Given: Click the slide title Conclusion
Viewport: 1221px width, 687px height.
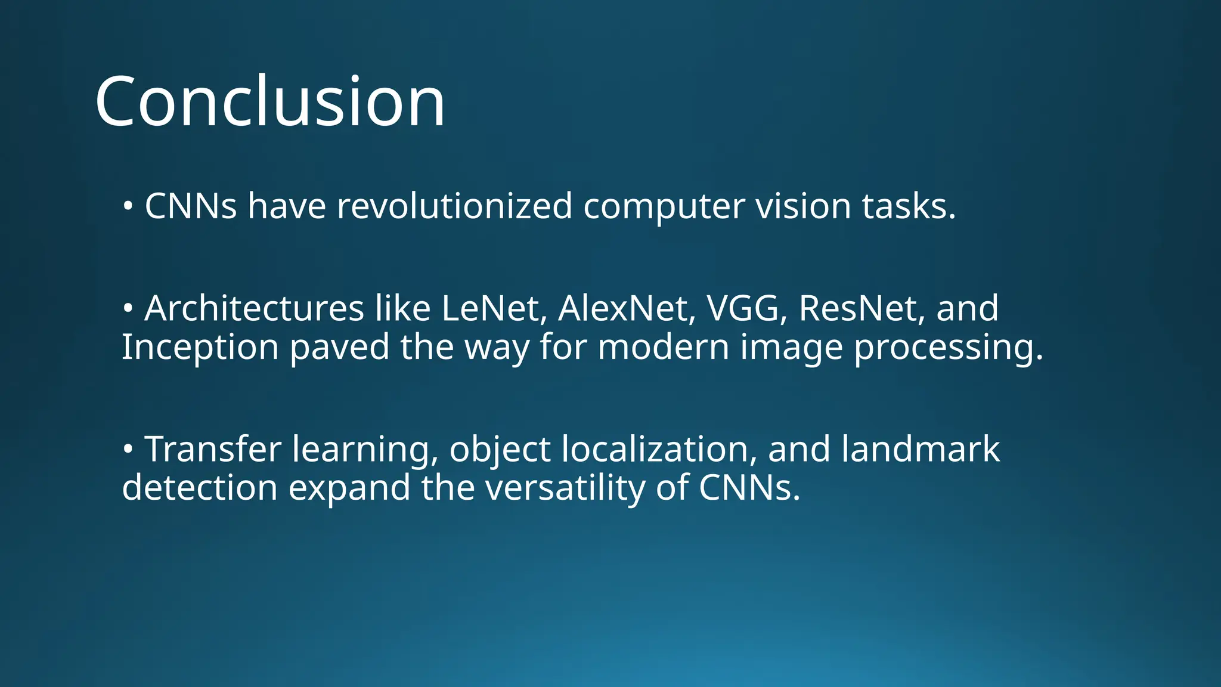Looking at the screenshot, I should click(x=269, y=101).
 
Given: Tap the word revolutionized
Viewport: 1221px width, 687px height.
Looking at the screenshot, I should click(x=454, y=206).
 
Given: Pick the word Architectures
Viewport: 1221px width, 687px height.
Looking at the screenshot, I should click(x=254, y=309).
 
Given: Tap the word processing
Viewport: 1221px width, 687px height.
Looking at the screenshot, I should click(x=948, y=348).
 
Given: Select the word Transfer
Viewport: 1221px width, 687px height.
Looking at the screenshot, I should click(x=213, y=449).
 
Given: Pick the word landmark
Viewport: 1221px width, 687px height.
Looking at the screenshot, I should click(x=921, y=449).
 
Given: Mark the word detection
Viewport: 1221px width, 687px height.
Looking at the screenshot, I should click(x=200, y=488).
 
